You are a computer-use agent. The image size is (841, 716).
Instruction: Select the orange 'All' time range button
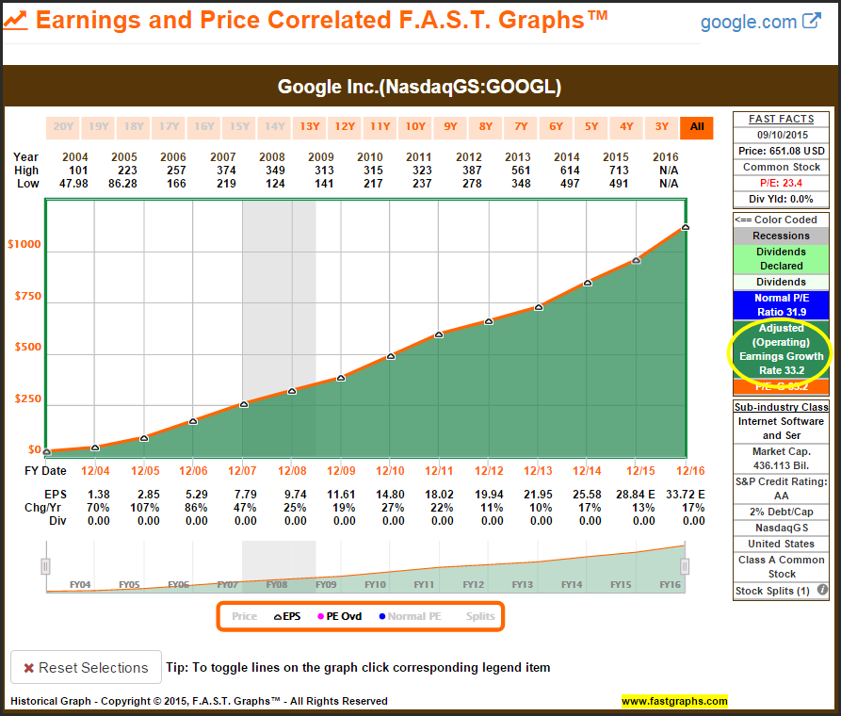(697, 127)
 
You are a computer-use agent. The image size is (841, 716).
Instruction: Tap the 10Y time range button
(415, 127)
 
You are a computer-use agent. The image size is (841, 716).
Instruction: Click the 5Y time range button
(591, 127)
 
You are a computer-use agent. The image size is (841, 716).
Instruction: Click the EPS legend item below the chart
(287, 616)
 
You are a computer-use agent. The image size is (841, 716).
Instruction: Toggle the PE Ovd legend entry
(341, 616)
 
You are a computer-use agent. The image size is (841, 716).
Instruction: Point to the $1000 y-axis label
(24, 244)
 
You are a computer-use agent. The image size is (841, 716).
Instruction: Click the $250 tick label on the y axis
(27, 399)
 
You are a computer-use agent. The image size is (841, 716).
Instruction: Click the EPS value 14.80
(389, 495)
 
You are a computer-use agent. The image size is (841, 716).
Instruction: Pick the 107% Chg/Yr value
(143, 508)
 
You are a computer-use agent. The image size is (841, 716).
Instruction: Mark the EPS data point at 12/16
(685, 227)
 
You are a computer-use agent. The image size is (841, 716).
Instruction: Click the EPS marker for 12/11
(439, 334)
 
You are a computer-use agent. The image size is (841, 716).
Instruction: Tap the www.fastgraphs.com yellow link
(674, 701)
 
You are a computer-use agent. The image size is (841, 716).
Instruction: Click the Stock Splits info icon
(822, 591)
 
